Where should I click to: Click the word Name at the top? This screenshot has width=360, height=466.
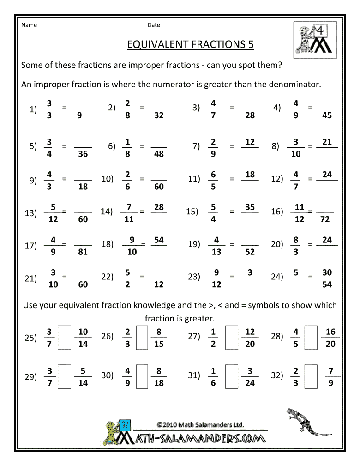tap(29, 25)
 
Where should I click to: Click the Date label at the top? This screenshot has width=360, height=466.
tap(154, 25)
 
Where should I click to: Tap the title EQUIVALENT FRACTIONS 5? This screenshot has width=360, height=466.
tap(190, 44)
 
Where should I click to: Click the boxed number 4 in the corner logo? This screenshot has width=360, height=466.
tap(318, 31)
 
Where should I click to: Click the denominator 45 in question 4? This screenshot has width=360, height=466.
tap(327, 115)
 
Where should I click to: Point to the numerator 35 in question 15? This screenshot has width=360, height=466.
tap(250, 207)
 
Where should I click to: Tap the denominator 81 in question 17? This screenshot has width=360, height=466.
tap(83, 252)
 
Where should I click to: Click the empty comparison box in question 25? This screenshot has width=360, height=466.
tap(65, 338)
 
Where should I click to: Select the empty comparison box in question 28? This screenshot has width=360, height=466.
tap(312, 338)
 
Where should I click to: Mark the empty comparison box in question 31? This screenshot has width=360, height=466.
tap(232, 376)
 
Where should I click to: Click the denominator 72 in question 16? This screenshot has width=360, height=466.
tap(325, 219)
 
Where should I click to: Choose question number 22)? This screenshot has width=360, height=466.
tap(107, 277)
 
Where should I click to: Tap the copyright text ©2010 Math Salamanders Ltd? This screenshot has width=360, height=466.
tap(200, 424)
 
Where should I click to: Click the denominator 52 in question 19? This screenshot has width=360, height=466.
tap(250, 252)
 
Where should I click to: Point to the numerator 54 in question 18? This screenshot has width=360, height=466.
tap(159, 240)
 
